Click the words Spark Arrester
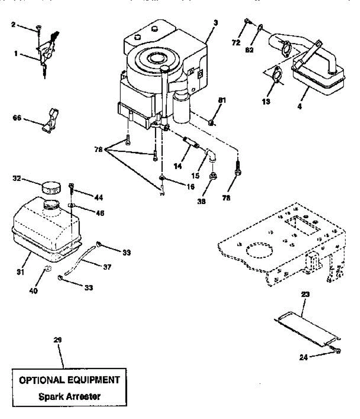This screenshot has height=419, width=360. pyautogui.click(x=69, y=396)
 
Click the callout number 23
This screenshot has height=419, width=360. pyautogui.click(x=305, y=294)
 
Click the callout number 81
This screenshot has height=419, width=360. pyautogui.click(x=222, y=101)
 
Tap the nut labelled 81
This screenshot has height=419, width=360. pyautogui.click(x=211, y=122)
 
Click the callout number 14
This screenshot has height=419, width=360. pyautogui.click(x=177, y=166)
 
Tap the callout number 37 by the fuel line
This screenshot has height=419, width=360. pyautogui.click(x=107, y=267)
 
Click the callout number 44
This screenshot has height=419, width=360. pyautogui.click(x=98, y=198)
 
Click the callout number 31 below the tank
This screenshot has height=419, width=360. pyautogui.click(x=21, y=272)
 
